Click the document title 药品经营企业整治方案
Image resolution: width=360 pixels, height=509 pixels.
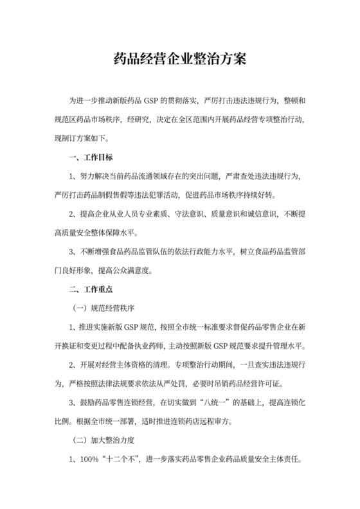coord(179,61)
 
